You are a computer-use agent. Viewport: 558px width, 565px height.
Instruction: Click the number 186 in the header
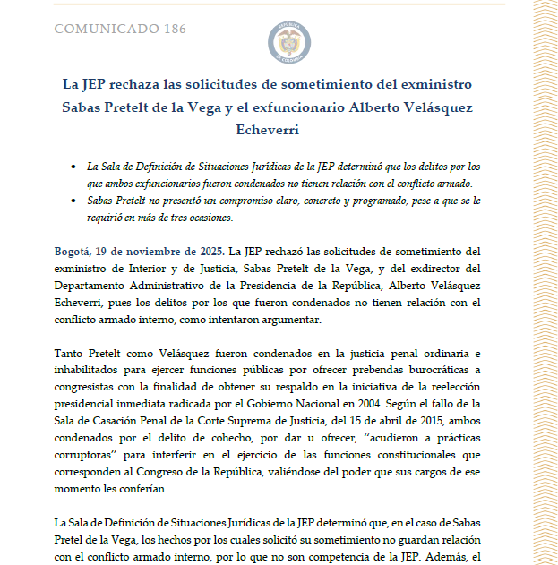point(174,29)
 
